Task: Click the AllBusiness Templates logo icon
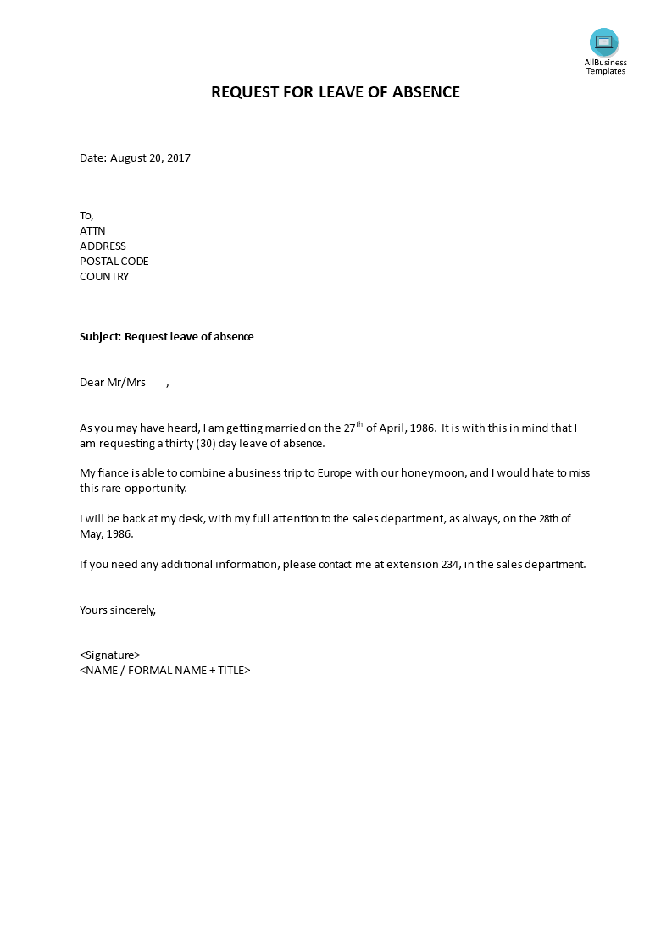604,42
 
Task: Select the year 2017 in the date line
179,158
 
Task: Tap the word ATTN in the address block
92,230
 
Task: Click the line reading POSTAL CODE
114,261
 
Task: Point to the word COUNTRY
104,276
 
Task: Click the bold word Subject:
100,336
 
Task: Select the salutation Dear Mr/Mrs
113,382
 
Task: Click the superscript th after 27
358,423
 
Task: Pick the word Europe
335,472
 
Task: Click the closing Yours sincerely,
118,609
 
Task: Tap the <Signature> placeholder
110,655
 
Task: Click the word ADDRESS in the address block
103,246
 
